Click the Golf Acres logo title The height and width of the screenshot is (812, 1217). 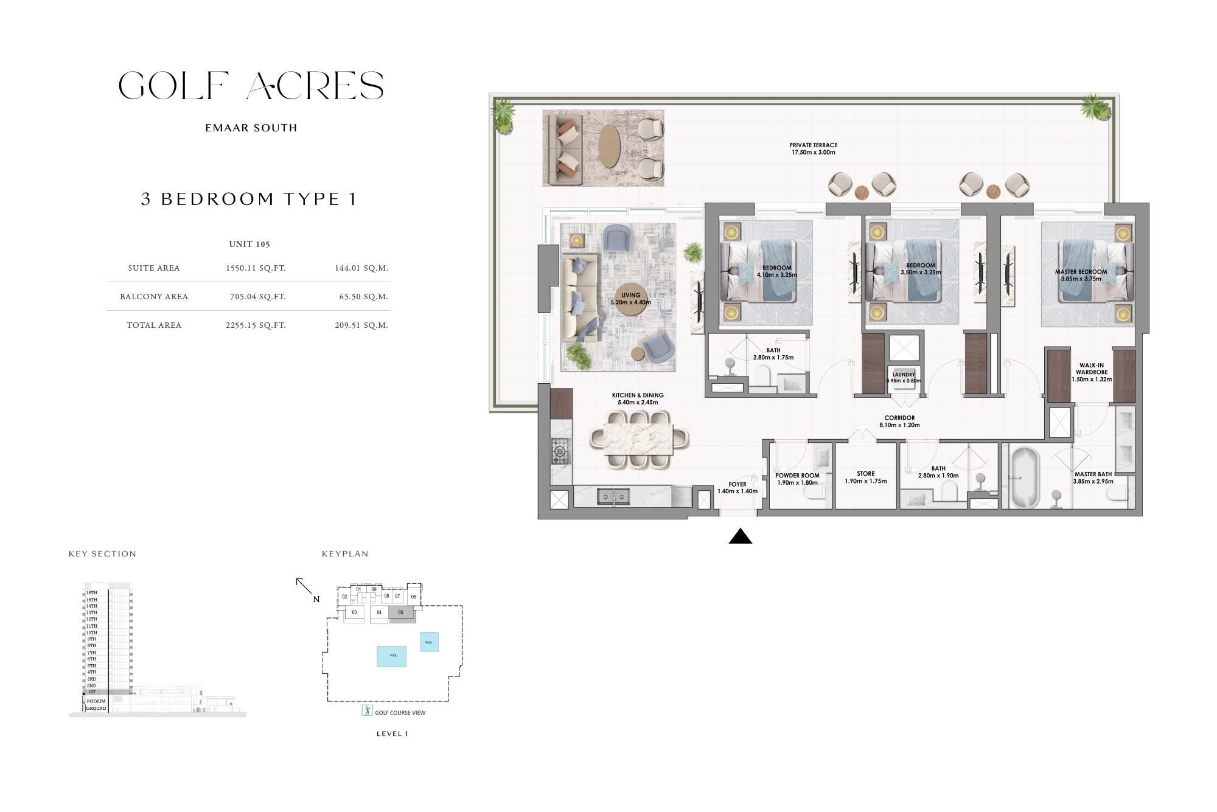[x=251, y=86]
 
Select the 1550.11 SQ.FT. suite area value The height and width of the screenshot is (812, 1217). [x=255, y=268]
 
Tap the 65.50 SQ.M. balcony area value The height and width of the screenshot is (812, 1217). [x=363, y=297]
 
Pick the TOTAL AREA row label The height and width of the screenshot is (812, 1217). [x=154, y=325]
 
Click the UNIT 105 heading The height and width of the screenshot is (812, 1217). [x=249, y=244]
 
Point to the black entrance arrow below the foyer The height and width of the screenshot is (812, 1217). [x=740, y=536]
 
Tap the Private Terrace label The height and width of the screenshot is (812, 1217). [x=813, y=148]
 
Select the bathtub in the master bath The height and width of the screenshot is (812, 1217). [x=1025, y=477]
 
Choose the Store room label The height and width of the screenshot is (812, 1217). [x=865, y=477]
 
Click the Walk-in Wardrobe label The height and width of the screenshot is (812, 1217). [x=1091, y=372]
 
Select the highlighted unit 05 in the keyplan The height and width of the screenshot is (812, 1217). [x=400, y=613]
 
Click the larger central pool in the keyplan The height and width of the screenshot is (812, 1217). [x=391, y=656]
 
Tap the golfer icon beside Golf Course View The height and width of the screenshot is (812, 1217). [x=367, y=710]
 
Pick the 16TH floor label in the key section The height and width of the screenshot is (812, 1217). [x=91, y=592]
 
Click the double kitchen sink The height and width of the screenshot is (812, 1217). [x=613, y=497]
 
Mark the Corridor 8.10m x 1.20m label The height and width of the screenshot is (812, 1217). [x=899, y=422]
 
